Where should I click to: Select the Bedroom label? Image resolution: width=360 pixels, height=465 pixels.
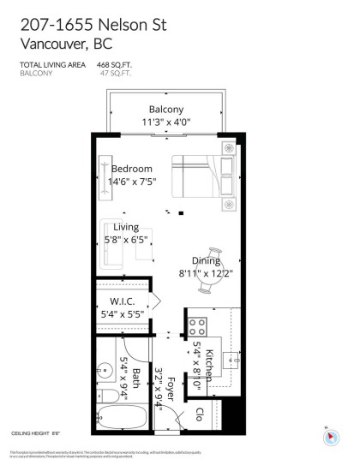(x=130, y=169)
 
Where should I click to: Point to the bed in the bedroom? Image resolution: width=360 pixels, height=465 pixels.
(x=200, y=181)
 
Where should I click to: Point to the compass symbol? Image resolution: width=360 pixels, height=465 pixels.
(x=328, y=437)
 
